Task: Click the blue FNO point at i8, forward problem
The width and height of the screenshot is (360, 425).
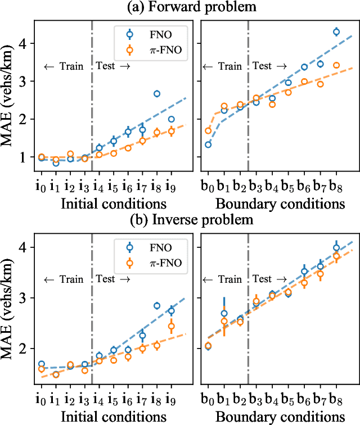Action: (157, 94)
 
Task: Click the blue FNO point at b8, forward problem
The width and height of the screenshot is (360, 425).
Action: (336, 32)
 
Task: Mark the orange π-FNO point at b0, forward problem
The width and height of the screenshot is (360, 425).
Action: (208, 131)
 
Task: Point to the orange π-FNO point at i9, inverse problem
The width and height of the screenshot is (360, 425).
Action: (172, 326)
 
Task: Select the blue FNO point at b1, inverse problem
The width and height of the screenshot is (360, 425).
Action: (224, 314)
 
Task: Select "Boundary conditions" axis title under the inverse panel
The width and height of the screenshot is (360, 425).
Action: (280, 416)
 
